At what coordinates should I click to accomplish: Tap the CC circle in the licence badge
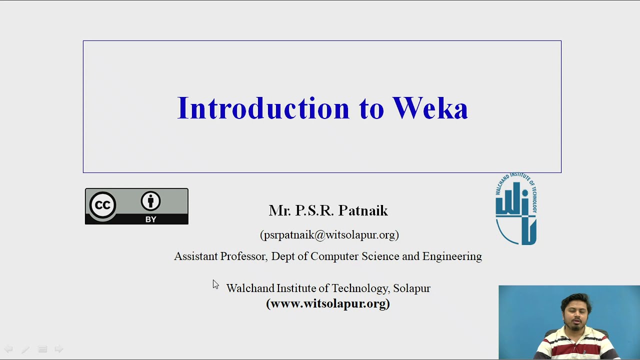click(x=102, y=205)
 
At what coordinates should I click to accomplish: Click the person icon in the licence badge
click(x=150, y=201)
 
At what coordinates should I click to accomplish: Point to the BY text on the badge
click(x=150, y=219)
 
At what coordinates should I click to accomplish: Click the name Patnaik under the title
click(x=363, y=210)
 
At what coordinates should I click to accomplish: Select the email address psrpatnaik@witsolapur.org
click(x=329, y=235)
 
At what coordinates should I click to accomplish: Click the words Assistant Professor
click(x=219, y=256)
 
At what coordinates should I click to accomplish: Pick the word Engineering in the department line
click(x=452, y=256)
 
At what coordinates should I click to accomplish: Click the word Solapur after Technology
click(x=411, y=288)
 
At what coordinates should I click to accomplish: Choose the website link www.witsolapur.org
click(x=328, y=303)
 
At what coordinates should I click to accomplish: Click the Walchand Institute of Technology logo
click(x=516, y=209)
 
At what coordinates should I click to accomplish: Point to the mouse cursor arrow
click(x=215, y=284)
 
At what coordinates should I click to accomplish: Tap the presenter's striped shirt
click(x=575, y=347)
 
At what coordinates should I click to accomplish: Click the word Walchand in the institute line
click(x=250, y=288)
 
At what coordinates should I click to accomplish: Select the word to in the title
click(x=371, y=108)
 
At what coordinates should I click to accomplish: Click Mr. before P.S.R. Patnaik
click(x=279, y=210)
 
